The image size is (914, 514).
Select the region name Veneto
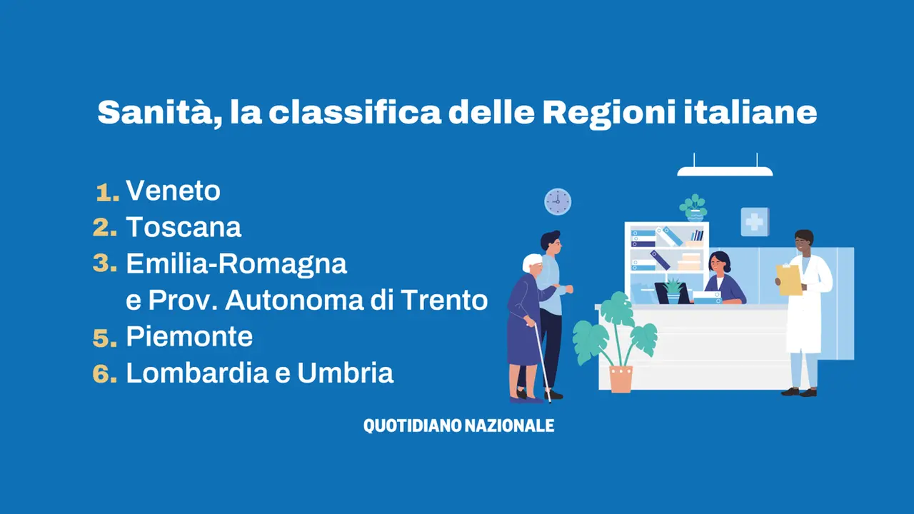(x=173, y=191)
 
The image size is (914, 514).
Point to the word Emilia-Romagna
(x=236, y=264)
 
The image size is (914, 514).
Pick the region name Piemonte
(x=189, y=337)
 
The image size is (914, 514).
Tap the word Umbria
(x=345, y=373)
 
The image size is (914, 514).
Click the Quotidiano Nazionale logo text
(x=458, y=425)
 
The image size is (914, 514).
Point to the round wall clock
(x=558, y=201)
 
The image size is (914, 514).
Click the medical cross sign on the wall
(x=755, y=222)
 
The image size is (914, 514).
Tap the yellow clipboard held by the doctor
(x=789, y=279)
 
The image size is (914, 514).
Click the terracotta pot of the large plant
(x=621, y=379)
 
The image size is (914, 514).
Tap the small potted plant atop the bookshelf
(x=693, y=208)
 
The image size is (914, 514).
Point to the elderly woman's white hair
(x=532, y=261)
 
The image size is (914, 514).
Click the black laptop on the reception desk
(x=672, y=293)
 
